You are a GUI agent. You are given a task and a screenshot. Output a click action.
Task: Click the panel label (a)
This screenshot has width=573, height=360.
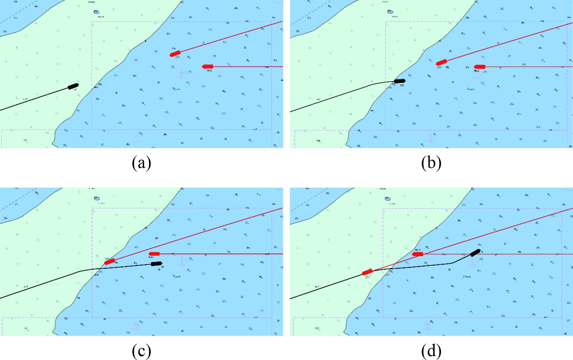(x=141, y=163)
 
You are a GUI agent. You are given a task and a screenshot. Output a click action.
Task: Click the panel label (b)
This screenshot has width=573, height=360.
(x=431, y=163)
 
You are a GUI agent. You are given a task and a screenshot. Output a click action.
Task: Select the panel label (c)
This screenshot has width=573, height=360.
(x=141, y=351)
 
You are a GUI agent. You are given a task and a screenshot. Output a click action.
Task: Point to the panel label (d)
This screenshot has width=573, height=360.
(x=431, y=351)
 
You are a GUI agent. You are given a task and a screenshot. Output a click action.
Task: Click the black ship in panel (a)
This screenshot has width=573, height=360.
(x=73, y=86)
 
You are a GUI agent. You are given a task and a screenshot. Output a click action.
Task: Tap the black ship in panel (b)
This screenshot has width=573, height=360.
(x=399, y=81)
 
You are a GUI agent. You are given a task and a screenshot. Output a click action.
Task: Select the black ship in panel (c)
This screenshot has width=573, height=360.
(x=157, y=263)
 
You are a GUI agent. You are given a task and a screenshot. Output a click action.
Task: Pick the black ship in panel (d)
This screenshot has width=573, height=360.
(x=475, y=253)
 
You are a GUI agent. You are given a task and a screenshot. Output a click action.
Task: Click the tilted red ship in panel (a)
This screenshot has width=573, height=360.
(x=175, y=54)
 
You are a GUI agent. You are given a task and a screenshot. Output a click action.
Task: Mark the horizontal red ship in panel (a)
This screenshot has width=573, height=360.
(x=207, y=66)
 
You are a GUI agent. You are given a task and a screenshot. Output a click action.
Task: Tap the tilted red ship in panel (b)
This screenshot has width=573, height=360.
(x=441, y=62)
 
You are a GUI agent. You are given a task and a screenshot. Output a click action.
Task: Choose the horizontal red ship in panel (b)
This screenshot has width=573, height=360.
(x=479, y=66)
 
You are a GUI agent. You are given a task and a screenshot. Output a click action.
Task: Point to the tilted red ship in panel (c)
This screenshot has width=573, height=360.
(x=110, y=261)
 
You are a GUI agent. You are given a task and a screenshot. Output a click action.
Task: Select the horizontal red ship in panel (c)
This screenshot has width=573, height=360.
(x=154, y=254)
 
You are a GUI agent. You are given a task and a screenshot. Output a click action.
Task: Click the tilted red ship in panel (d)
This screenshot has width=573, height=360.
(x=367, y=272)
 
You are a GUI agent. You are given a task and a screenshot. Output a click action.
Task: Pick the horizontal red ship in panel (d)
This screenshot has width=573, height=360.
(x=417, y=254)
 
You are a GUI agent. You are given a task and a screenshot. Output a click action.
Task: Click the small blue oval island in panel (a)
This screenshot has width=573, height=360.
(x=96, y=12)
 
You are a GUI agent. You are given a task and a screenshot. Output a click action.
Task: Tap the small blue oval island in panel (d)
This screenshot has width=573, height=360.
(x=387, y=199)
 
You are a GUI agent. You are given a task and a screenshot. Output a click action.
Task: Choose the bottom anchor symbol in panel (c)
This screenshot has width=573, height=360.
(x=137, y=326)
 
